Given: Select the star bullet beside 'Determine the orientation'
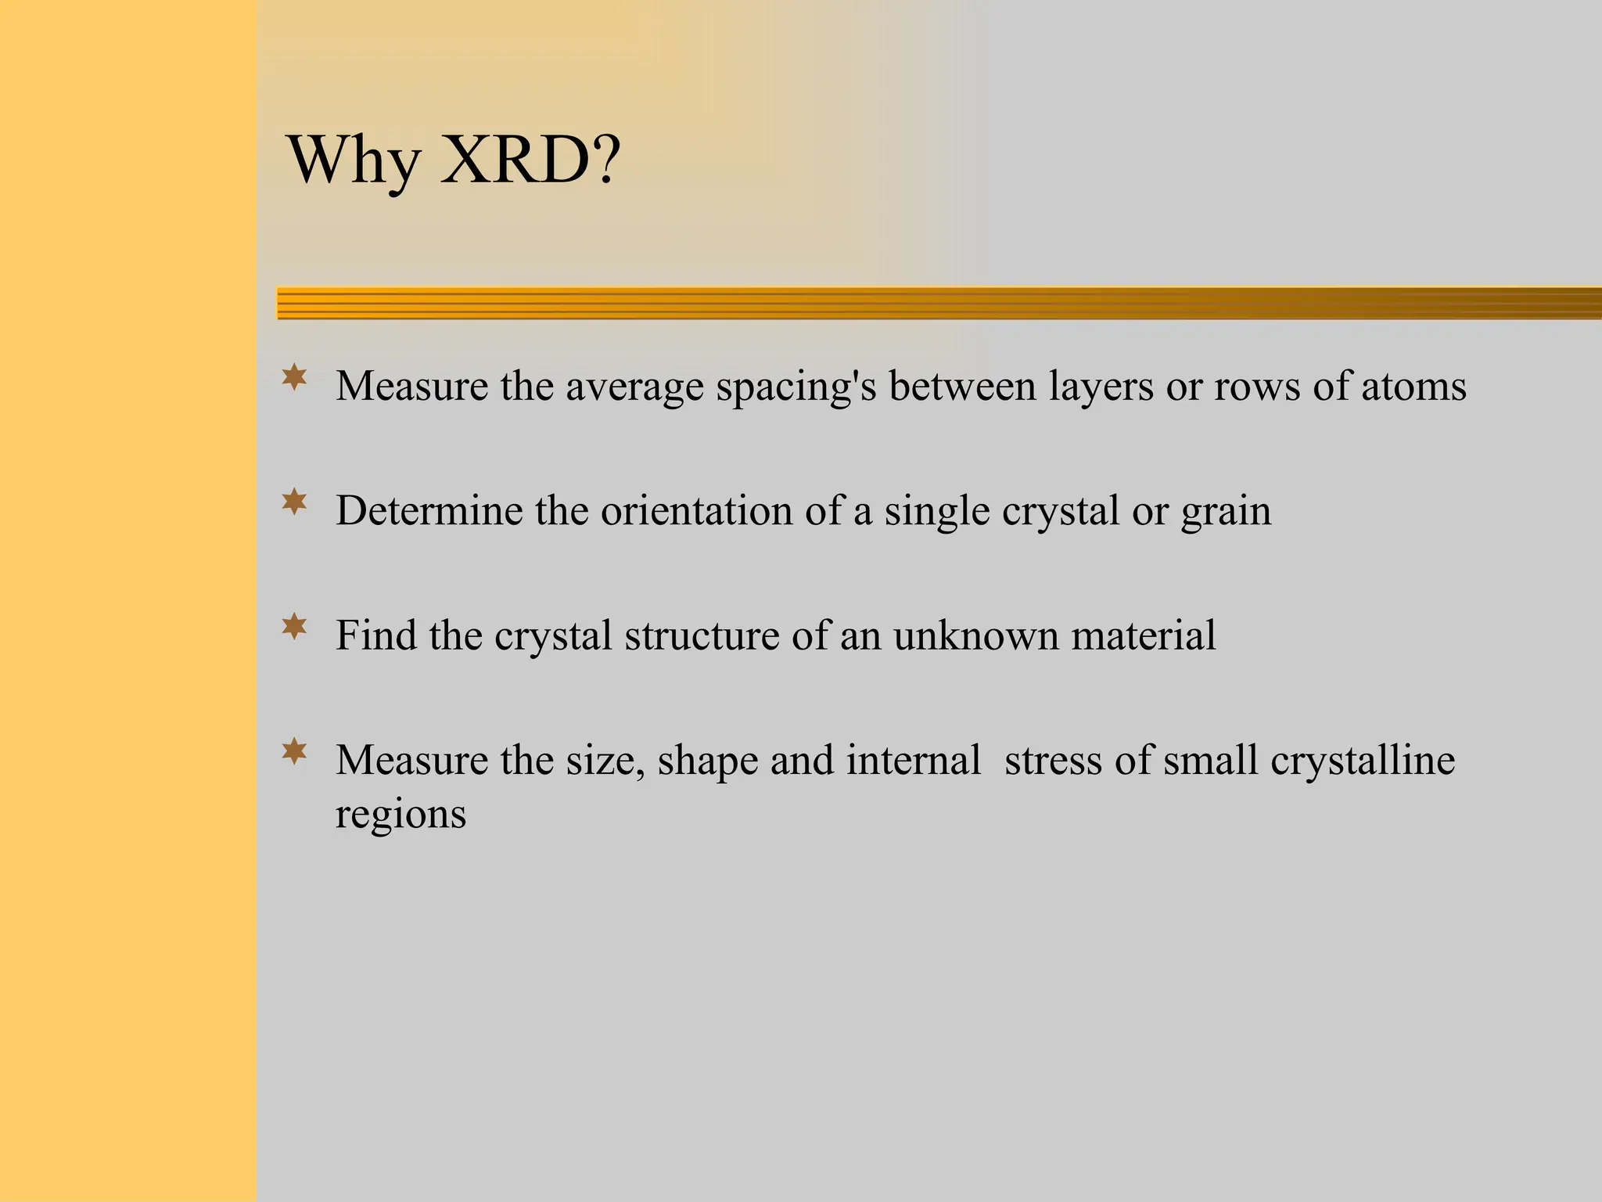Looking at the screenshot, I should [x=294, y=502].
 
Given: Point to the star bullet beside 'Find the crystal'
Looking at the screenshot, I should [x=294, y=627].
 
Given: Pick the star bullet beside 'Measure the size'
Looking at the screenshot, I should [x=294, y=751].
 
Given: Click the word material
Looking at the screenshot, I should [x=1144, y=635].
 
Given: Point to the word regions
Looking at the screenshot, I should [x=400, y=815].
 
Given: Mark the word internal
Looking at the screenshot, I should [x=913, y=760].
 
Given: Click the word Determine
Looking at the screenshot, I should [x=429, y=510].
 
